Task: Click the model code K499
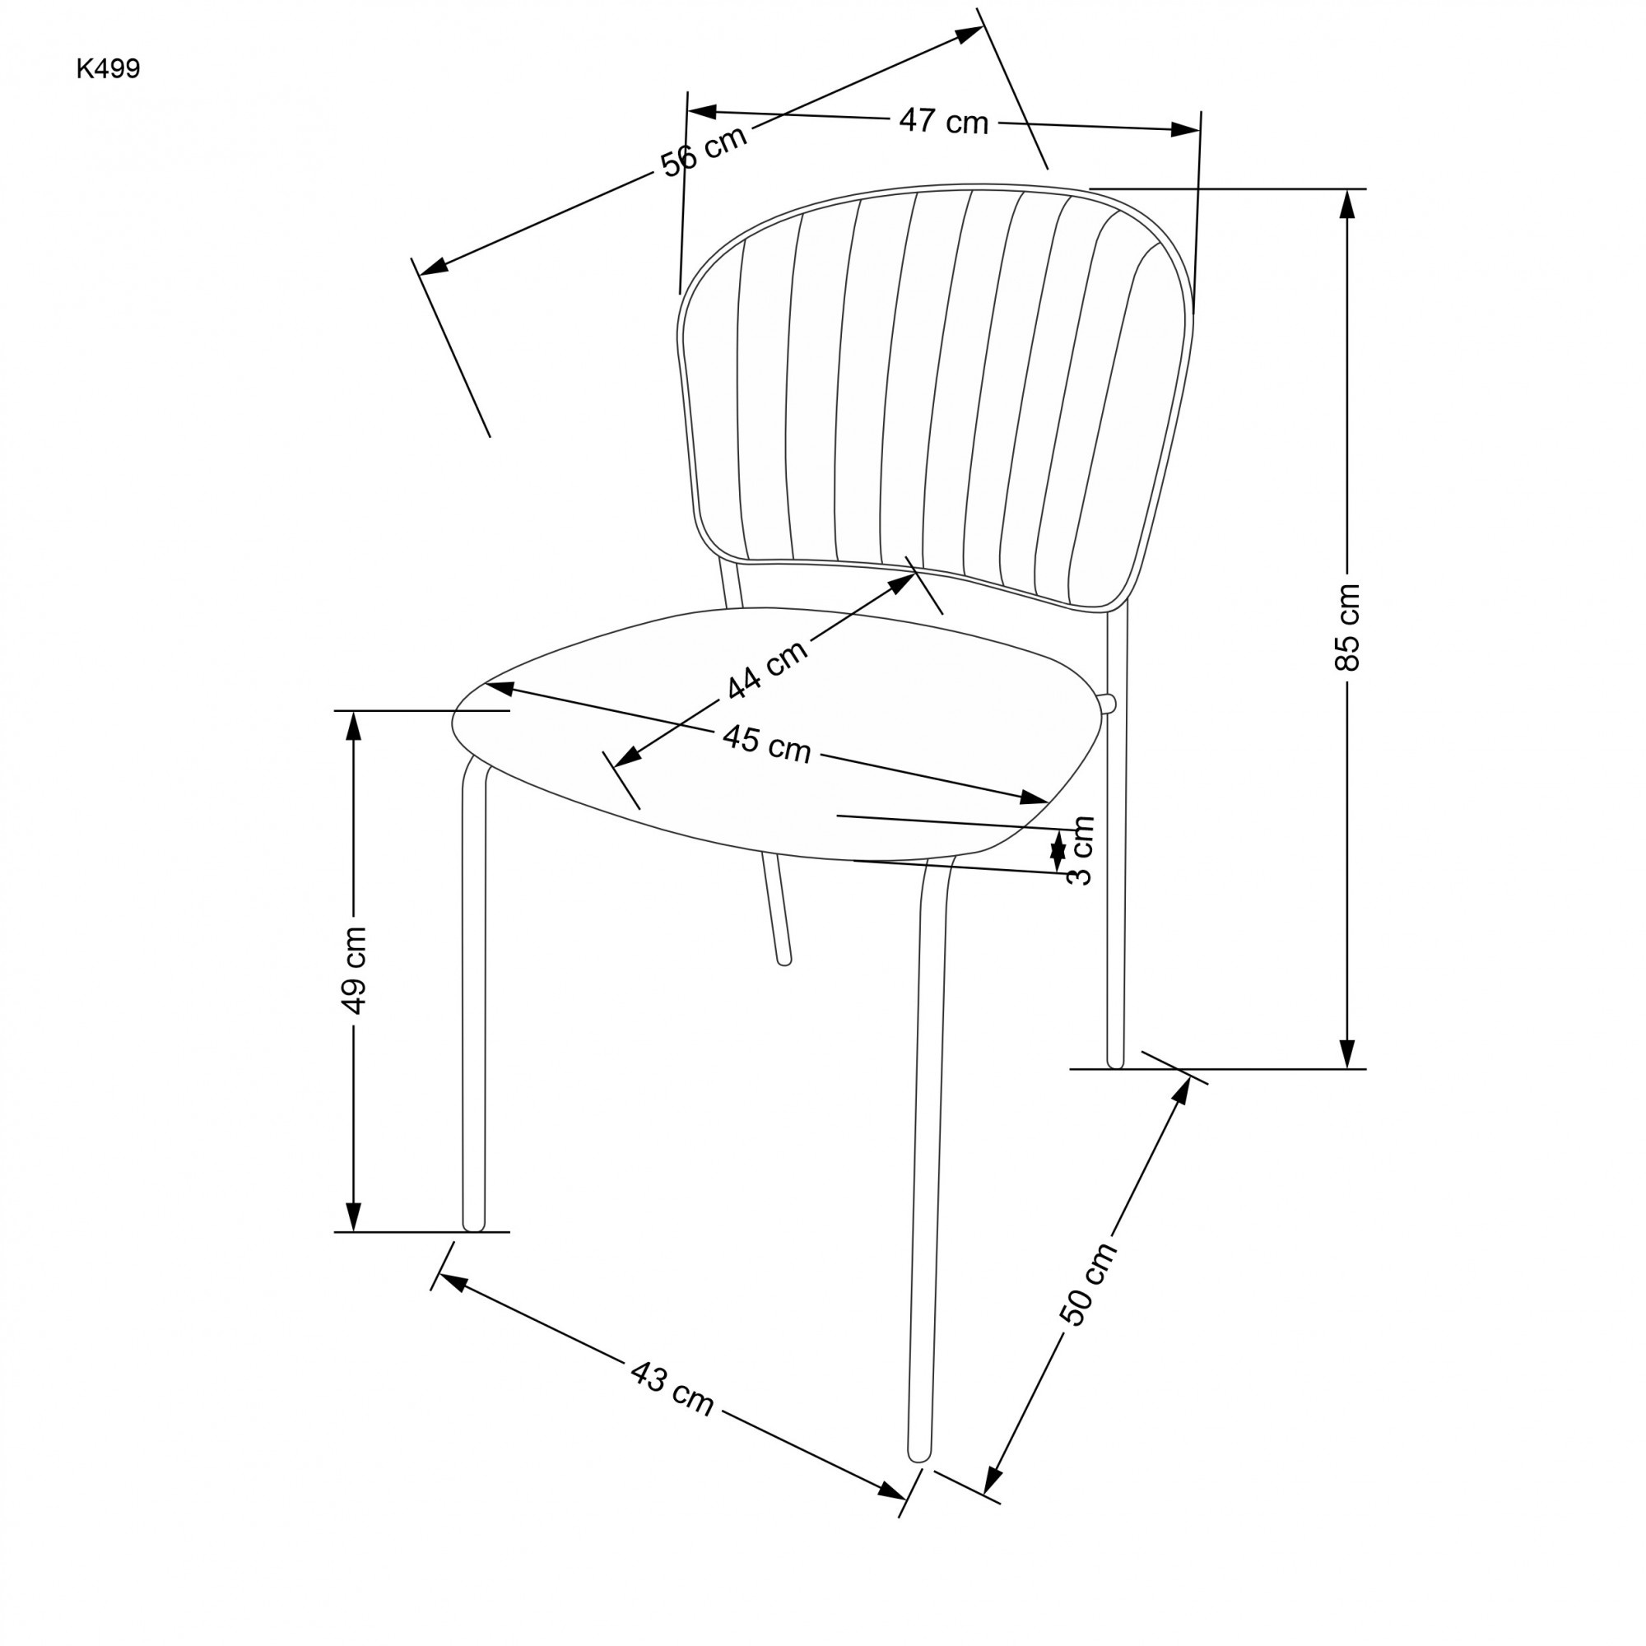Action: [108, 70]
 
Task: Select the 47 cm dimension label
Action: [943, 122]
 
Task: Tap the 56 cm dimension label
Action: [704, 151]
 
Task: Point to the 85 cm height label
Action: [1348, 628]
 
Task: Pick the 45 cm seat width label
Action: [767, 744]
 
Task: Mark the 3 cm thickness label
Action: [1081, 850]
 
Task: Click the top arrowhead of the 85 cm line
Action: [1347, 202]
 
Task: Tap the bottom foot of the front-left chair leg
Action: [474, 1225]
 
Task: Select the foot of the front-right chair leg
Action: [919, 1453]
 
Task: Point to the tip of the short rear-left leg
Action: [784, 961]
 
